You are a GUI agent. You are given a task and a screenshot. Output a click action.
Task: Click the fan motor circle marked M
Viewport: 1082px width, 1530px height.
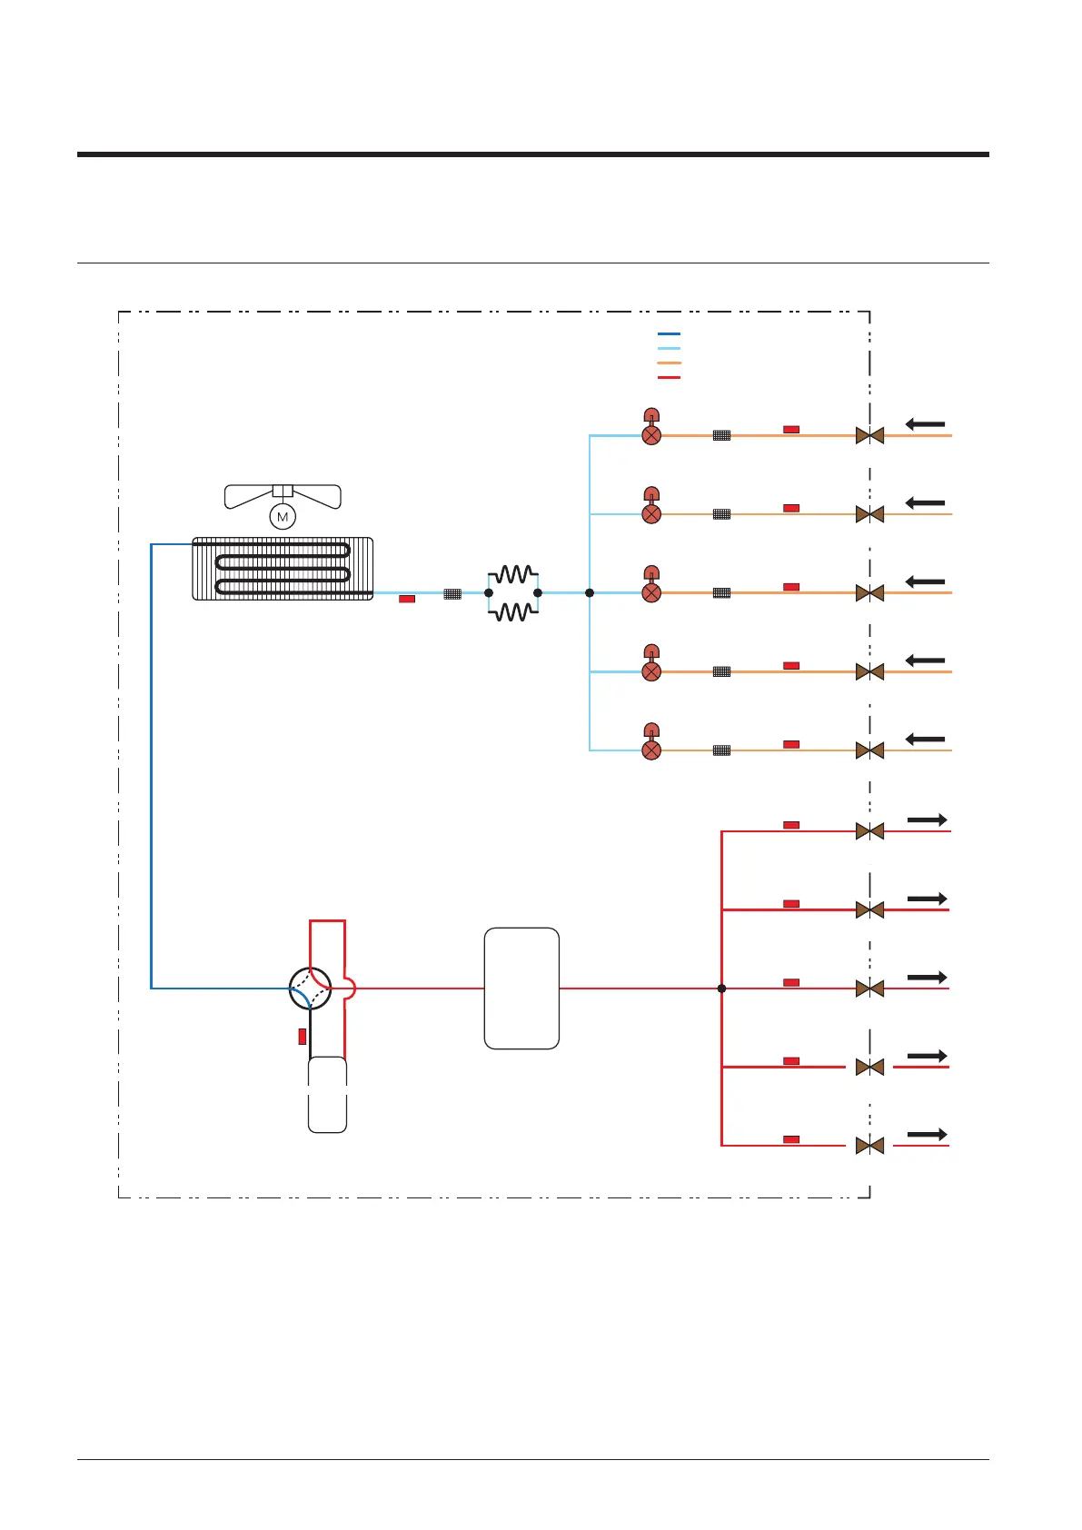(x=283, y=516)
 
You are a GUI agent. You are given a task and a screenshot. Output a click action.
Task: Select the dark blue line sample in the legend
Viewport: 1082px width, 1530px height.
(x=669, y=333)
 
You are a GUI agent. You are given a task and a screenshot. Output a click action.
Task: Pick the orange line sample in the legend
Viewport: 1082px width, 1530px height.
(x=669, y=363)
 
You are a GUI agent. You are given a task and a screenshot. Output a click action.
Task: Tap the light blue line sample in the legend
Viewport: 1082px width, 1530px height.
(x=669, y=348)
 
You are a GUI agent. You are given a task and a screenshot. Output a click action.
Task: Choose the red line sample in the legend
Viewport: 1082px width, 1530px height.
(x=669, y=377)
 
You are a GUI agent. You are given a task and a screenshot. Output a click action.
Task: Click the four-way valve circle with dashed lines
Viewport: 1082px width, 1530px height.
(x=310, y=988)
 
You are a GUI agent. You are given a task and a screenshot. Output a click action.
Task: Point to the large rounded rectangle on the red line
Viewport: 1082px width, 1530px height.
(x=521, y=988)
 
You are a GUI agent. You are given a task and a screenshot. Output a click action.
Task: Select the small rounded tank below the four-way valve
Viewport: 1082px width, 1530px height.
(x=327, y=1094)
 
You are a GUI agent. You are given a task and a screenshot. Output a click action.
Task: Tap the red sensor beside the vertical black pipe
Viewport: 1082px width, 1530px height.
(x=302, y=1036)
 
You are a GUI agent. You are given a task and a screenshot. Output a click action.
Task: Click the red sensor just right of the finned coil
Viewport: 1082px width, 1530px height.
(x=406, y=599)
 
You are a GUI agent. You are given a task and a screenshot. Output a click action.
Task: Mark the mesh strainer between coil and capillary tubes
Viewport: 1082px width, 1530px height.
(x=452, y=593)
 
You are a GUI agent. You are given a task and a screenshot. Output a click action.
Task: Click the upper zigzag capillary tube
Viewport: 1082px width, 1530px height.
(x=513, y=574)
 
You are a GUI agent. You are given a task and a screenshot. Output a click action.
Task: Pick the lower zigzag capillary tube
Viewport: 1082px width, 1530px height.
(x=513, y=612)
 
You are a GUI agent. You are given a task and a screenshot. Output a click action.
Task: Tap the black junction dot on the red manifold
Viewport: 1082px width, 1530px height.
(x=721, y=988)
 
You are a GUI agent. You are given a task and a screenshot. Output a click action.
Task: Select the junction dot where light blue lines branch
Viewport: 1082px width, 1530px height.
(x=590, y=592)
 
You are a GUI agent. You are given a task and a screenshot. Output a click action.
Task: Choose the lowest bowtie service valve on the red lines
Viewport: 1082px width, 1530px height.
(x=869, y=1146)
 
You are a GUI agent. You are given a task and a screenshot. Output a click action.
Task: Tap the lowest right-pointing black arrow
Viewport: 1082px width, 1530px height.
(x=927, y=1134)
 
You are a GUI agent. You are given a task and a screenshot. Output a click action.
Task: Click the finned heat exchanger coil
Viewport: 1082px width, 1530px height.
(x=283, y=568)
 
